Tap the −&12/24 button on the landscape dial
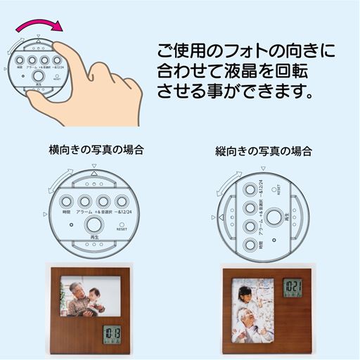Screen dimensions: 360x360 point(125,200)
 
